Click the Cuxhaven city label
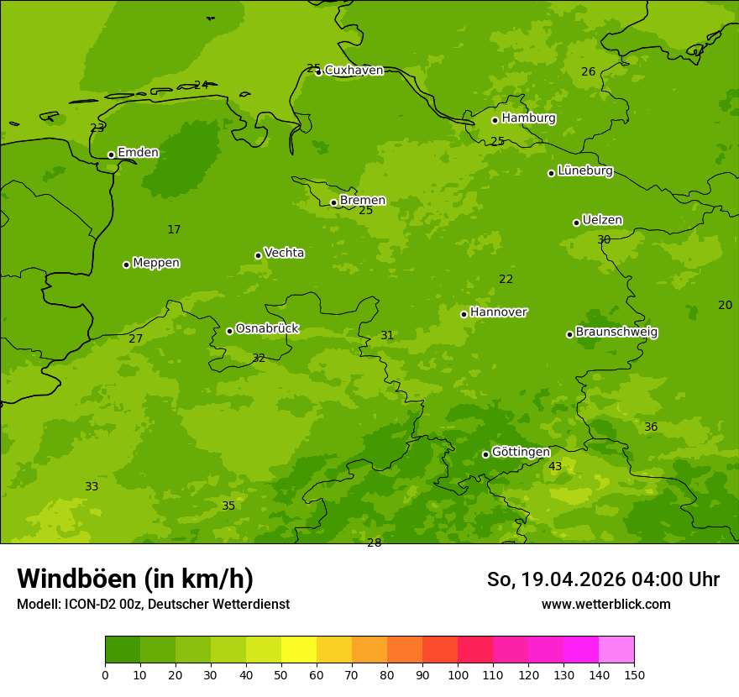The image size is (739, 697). click(x=354, y=71)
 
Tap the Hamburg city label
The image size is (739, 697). click(x=528, y=118)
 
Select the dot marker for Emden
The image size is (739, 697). click(x=111, y=155)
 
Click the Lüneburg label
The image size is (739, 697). click(x=584, y=171)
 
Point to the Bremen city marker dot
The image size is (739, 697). click(x=333, y=202)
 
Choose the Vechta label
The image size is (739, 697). click(x=284, y=253)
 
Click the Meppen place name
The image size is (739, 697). click(x=156, y=263)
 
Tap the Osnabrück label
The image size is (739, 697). click(x=267, y=328)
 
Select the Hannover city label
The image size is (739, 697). click(x=498, y=312)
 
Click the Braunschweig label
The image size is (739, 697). click(x=616, y=333)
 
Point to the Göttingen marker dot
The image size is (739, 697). click(x=485, y=454)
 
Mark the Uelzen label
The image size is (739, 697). click(x=602, y=221)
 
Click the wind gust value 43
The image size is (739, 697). click(x=555, y=467)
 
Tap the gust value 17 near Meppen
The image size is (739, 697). click(x=174, y=230)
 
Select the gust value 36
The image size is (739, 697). click(x=651, y=427)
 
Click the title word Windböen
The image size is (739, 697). click(x=76, y=579)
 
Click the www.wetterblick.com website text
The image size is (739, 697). click(x=605, y=605)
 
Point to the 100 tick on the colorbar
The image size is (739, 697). click(x=458, y=674)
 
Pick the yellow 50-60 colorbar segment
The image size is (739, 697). click(x=299, y=650)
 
